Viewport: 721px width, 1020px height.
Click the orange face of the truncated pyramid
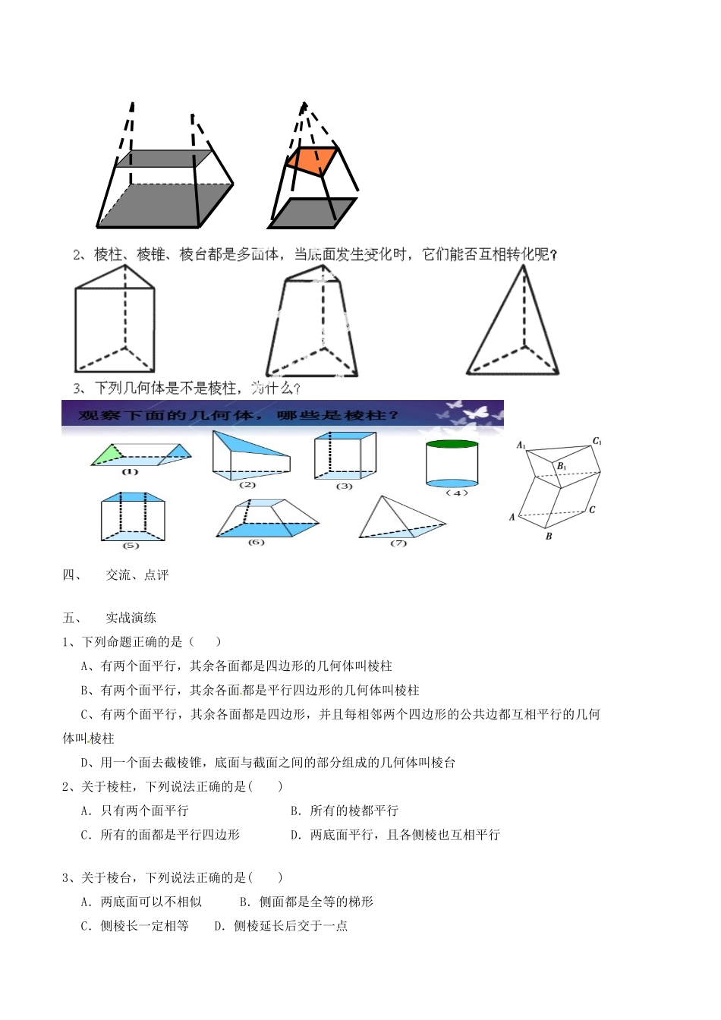[x=312, y=161]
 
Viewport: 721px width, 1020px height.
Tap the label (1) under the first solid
[x=130, y=471]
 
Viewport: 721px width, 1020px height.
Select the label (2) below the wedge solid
[x=247, y=484]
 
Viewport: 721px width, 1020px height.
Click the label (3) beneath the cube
[x=344, y=486]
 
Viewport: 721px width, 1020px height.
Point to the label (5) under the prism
[x=131, y=545]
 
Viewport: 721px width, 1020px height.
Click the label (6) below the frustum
[x=256, y=542]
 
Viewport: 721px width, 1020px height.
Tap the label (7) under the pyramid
[x=398, y=543]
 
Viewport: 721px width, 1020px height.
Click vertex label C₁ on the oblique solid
[x=597, y=441]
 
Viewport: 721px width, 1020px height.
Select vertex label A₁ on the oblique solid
[x=521, y=445]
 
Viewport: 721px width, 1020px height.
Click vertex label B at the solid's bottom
[x=549, y=536]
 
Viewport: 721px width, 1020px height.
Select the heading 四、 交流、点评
[x=115, y=575]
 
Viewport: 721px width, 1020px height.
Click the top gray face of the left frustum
[x=165, y=158]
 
